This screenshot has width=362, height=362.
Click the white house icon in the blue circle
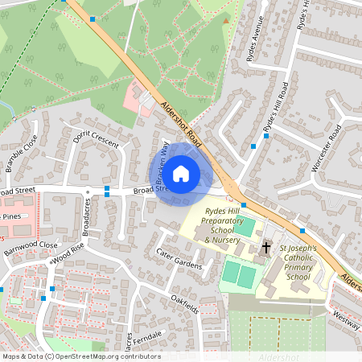[x=181, y=173]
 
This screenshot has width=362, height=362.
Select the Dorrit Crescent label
[x=95, y=140]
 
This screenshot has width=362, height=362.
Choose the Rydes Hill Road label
[x=275, y=109]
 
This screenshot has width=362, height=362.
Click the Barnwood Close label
[x=31, y=244]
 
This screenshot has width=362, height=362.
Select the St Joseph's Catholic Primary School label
[x=297, y=263]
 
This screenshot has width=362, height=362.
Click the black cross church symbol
[x=265, y=249]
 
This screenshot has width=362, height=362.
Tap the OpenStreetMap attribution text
[x=80, y=356]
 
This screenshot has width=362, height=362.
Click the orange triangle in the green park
[x=226, y=21]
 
